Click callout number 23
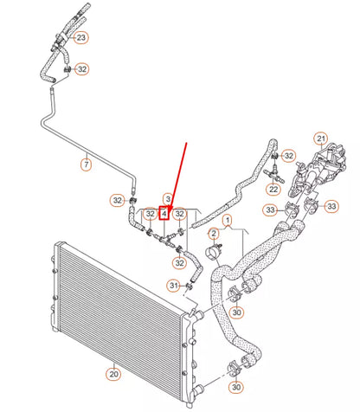point(80,38)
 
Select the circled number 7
point(86,164)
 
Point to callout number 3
point(168,199)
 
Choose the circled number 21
point(319,138)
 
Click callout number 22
point(273,189)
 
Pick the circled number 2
point(213,235)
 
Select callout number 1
point(228,221)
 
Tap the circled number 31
point(173,286)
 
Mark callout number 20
point(113,374)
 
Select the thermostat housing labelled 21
point(312,173)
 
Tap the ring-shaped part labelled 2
point(209,255)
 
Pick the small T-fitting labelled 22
point(273,172)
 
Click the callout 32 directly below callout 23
point(81,69)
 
